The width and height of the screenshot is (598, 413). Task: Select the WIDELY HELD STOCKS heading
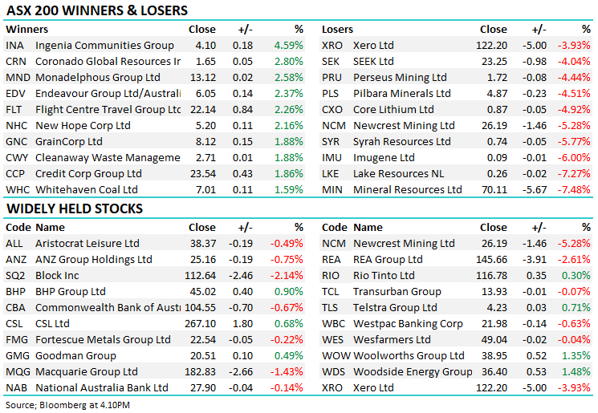pos(75,209)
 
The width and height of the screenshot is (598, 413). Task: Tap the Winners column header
pos(26,30)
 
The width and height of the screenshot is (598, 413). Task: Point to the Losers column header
pos(337,30)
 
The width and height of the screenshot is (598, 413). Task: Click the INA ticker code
pos(14,46)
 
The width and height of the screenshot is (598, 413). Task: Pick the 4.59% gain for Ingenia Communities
pos(287,46)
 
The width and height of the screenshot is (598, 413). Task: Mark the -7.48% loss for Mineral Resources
pos(575,190)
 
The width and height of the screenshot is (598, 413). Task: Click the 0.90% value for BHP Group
pos(289,292)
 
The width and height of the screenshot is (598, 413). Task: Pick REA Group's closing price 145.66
pos(490,260)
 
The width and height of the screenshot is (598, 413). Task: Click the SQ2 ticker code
pos(15,276)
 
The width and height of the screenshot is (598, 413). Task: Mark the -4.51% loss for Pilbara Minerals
pos(575,94)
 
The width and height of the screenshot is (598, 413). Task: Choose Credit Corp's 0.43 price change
pos(242,174)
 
